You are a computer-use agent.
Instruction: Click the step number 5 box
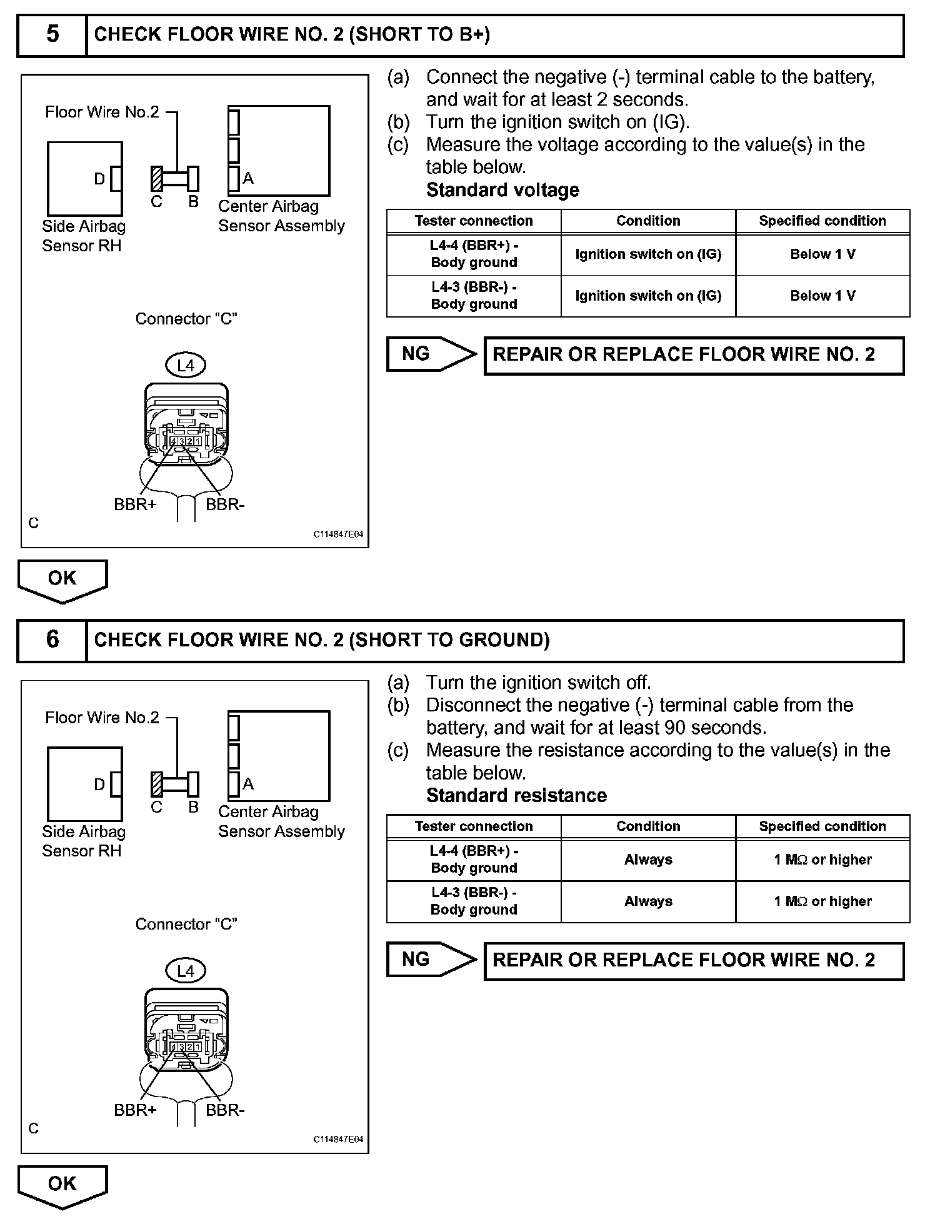tap(52, 35)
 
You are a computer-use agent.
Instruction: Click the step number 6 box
tap(52, 640)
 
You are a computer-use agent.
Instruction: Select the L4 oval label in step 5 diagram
tap(186, 365)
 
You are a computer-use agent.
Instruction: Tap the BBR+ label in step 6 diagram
tap(135, 1110)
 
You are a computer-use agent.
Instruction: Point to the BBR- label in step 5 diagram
tap(225, 504)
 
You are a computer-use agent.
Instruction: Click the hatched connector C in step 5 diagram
tap(157, 179)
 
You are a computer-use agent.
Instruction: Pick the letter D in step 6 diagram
tap(99, 784)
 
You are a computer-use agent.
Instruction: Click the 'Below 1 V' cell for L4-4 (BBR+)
tap(822, 254)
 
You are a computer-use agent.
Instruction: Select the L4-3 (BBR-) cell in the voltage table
tap(474, 296)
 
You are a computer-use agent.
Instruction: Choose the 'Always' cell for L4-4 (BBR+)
tap(648, 860)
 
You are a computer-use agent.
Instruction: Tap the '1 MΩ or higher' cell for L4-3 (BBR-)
tap(822, 901)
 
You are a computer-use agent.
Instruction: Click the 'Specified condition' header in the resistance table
tap(822, 826)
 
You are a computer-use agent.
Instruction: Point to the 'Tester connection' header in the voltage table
tap(474, 221)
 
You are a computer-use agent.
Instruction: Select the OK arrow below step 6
tap(62, 1185)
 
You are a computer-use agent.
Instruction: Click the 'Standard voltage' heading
tap(502, 190)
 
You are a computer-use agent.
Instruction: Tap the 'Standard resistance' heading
tap(516, 795)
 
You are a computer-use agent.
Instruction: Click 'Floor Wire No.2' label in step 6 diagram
tap(102, 717)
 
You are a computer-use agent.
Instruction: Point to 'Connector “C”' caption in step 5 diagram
tap(186, 319)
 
